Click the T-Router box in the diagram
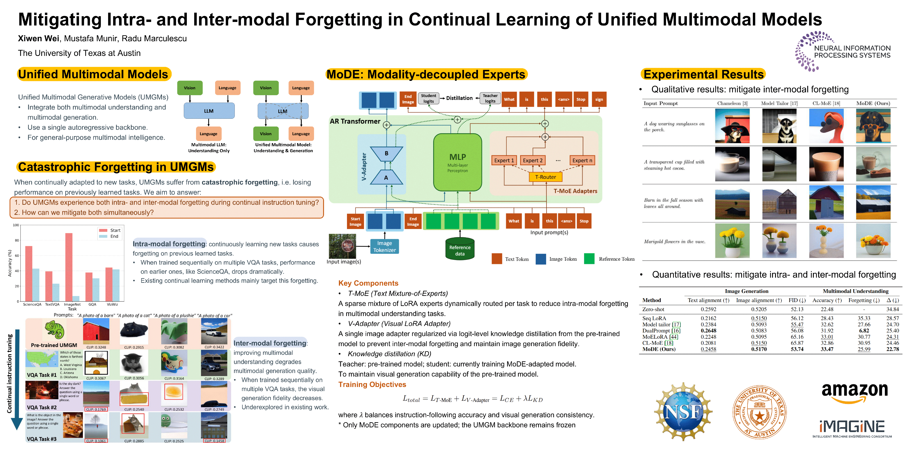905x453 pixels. [x=545, y=177]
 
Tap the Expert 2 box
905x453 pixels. [x=533, y=160]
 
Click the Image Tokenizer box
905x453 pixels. [x=384, y=246]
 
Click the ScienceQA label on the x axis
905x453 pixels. [x=32, y=305]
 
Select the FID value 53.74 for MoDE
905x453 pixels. [x=797, y=349]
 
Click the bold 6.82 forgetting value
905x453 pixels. [x=864, y=331]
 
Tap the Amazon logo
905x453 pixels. [x=854, y=392]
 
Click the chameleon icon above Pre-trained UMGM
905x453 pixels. [x=54, y=330]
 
